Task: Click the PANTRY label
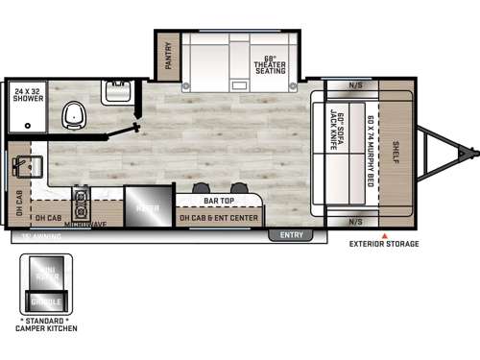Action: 168,54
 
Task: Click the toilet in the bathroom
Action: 71,117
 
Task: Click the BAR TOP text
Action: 220,201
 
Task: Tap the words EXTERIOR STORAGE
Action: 384,245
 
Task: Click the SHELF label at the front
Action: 396,152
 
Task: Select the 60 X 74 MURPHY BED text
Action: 370,150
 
